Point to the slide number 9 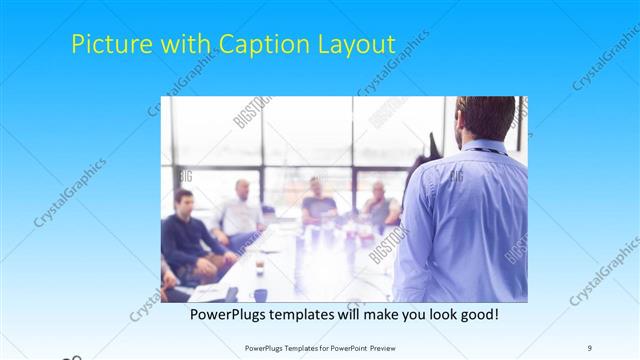[x=590, y=347]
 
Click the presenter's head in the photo [x=486, y=119]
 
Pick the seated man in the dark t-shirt [x=319, y=204]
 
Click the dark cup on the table [x=260, y=268]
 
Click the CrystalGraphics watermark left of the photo [x=70, y=192]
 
